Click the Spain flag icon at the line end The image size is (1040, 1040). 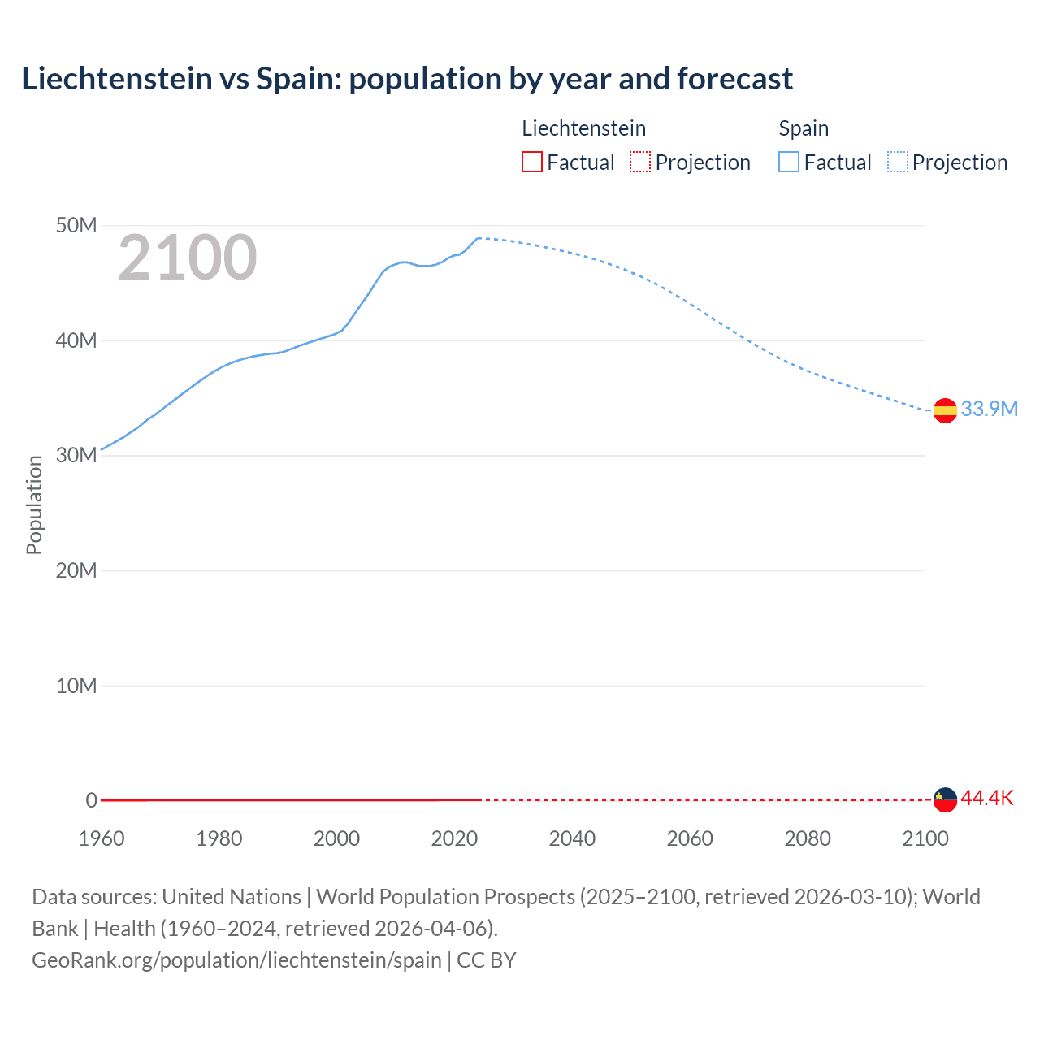945,411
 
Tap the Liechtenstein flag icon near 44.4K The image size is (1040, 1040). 945,799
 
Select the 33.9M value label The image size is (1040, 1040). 989,409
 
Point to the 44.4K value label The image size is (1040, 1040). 987,798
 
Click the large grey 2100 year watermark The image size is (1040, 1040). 188,258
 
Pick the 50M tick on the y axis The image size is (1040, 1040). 76,225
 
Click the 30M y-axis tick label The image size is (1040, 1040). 76,455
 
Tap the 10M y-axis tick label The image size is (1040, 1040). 76,686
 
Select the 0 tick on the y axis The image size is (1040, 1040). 91,800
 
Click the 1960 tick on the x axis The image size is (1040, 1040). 102,838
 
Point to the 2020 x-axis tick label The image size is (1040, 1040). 454,838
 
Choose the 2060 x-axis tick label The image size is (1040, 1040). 690,838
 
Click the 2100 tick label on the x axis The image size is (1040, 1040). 925,838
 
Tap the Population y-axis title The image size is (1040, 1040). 34,505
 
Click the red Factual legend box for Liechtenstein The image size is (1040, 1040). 532,162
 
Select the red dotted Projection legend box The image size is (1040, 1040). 640,162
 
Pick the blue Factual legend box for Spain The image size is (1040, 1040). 789,162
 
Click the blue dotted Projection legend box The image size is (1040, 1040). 898,162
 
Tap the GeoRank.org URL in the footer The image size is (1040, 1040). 236,960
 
